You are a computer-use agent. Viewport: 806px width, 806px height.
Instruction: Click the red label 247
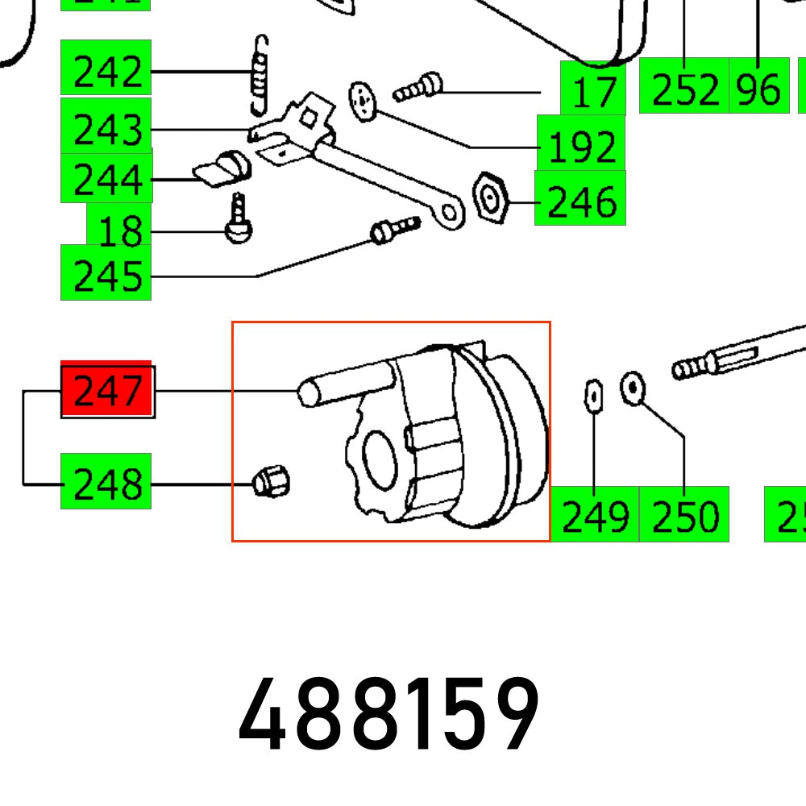[x=107, y=391]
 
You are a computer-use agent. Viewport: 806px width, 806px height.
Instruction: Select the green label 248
[x=106, y=484]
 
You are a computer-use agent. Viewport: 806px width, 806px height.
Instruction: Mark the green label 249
[x=595, y=515]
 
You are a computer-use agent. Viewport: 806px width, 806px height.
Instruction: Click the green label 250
[x=683, y=515]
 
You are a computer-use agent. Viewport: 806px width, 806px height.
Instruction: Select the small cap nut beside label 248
[x=271, y=483]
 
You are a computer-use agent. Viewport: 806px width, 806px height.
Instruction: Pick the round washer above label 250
[x=633, y=389]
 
